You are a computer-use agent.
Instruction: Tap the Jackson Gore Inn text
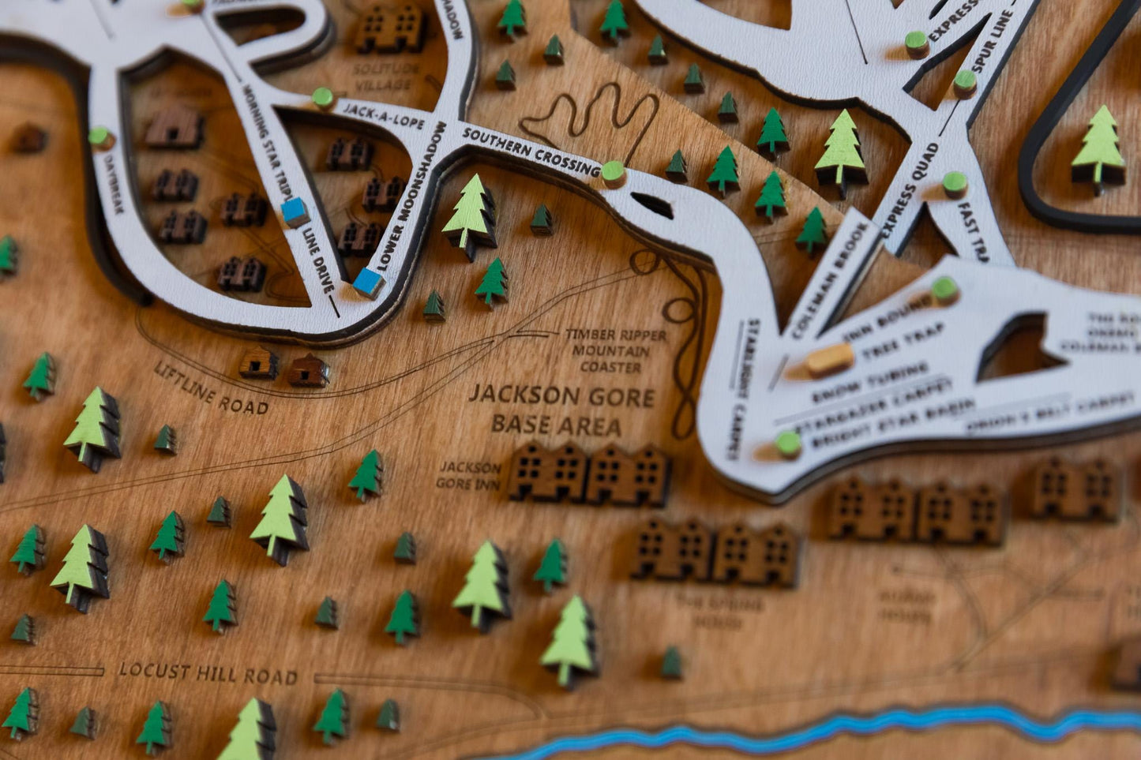[x=470, y=475]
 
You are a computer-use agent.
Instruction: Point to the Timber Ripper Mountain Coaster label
[x=616, y=350]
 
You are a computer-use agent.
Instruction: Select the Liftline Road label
[x=211, y=388]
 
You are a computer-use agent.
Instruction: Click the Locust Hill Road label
[x=208, y=674]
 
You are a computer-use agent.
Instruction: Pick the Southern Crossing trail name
[x=531, y=150]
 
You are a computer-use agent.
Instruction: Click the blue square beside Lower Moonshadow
[x=369, y=282]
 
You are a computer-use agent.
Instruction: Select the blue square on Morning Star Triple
[x=295, y=212]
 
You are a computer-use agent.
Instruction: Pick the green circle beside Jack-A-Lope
[x=322, y=98]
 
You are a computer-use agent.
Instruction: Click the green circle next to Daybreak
[x=100, y=137]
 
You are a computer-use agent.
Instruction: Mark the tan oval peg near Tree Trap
[x=829, y=360]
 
